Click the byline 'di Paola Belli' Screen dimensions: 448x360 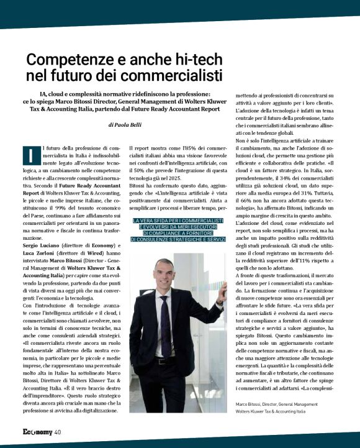(x=125, y=125)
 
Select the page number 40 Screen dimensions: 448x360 (x=57, y=432)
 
